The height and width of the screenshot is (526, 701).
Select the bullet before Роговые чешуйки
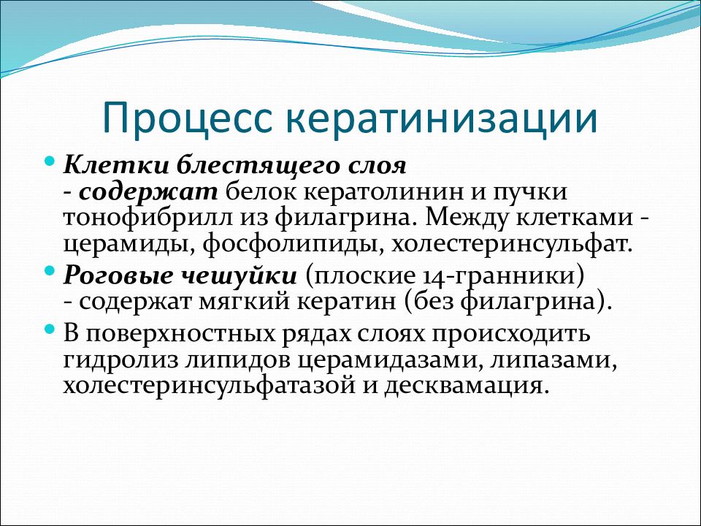(x=50, y=270)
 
